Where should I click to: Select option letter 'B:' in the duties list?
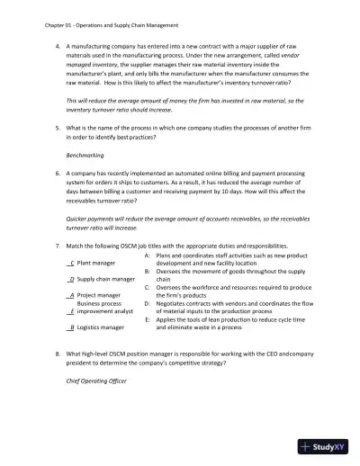147,271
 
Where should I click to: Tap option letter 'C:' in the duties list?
147,286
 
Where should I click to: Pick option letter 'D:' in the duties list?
147,302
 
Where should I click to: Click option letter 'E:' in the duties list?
147,318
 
